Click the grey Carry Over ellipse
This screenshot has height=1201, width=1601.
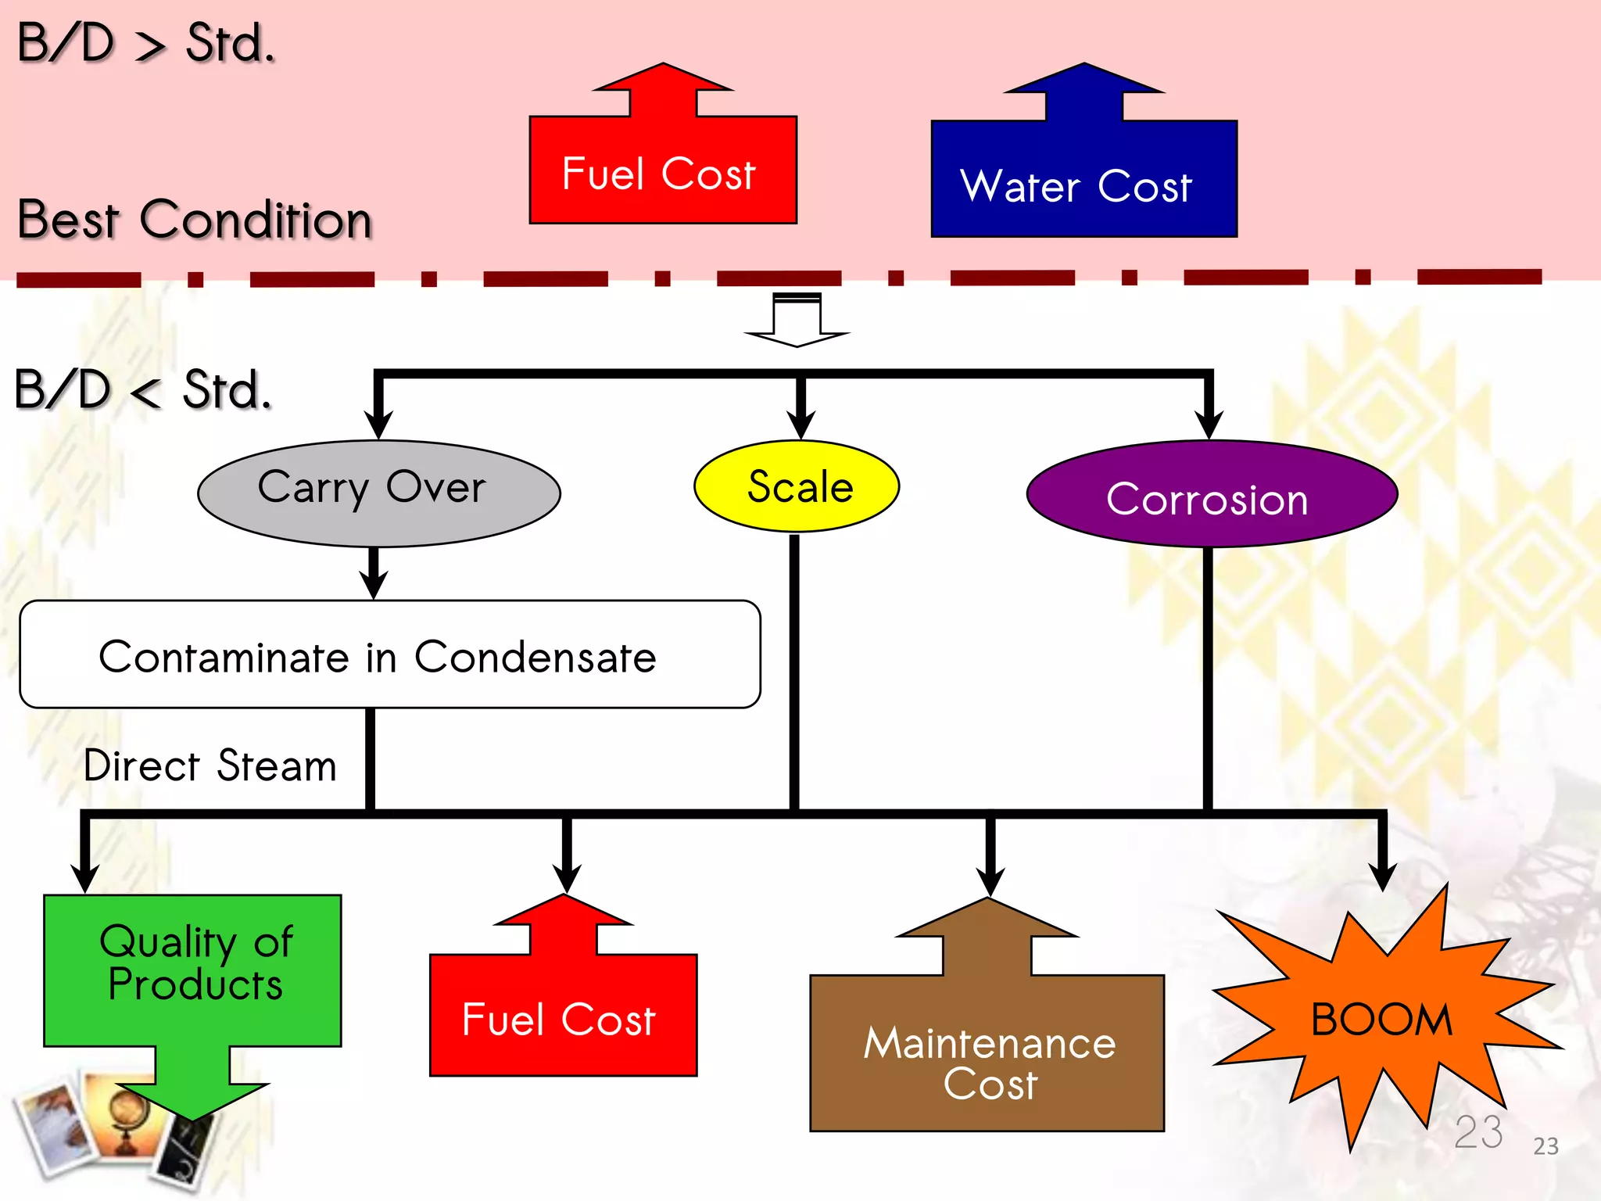coord(379,493)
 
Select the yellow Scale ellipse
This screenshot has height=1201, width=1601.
coord(797,486)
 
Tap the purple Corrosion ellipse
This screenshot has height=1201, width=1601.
coord(1212,493)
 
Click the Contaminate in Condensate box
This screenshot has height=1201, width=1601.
coord(390,654)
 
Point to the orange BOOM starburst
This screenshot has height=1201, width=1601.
coord(1384,1016)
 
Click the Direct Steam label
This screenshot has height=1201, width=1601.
coord(210,765)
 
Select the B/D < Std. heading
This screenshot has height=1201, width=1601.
coord(143,389)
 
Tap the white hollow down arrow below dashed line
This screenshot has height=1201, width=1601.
coord(797,321)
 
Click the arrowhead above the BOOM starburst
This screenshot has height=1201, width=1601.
coord(1383,876)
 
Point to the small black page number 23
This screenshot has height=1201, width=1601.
coord(1545,1146)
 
